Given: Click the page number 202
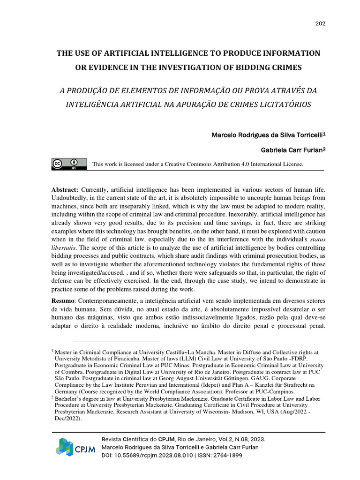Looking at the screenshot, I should (320, 24).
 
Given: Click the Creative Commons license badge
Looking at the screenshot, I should (69, 164).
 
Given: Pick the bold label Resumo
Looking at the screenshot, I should (63, 300).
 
